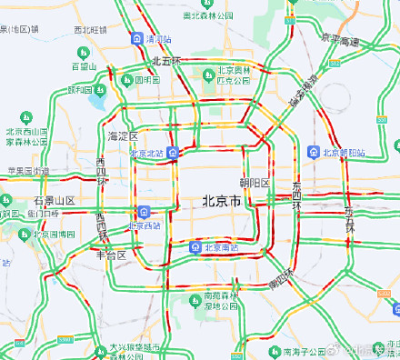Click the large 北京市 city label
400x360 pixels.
221,201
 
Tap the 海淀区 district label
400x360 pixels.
122,136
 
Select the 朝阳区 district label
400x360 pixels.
255,183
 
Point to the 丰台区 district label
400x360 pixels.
111,255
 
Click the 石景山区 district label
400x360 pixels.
53,200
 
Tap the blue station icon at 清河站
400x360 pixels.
136,40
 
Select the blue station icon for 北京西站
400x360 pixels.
144,213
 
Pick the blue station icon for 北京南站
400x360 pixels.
195,247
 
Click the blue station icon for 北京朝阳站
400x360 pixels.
314,151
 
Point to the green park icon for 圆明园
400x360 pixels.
129,80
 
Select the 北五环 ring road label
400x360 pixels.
167,61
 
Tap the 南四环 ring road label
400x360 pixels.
283,278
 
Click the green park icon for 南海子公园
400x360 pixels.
274,351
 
